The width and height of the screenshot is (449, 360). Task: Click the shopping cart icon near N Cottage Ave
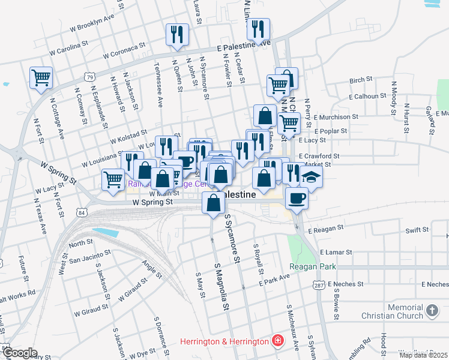point(41,77)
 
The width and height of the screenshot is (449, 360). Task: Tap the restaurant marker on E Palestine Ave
point(258,29)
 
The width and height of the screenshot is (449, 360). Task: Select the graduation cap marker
point(311,176)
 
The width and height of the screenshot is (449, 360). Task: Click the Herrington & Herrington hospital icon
point(277,341)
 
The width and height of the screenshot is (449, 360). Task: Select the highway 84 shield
point(82,212)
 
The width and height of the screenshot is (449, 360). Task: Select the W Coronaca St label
point(124,50)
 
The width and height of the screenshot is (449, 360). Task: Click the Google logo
point(19,353)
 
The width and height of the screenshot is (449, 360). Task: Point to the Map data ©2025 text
point(423,355)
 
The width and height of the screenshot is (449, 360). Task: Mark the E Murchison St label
point(336,117)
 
